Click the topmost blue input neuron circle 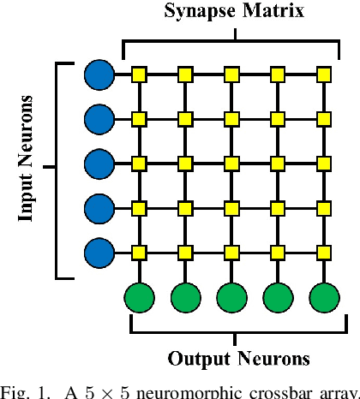click(99, 74)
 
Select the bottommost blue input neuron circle click(99, 252)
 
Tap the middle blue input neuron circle click(99, 163)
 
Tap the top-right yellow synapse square click(324, 74)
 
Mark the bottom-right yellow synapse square click(324, 252)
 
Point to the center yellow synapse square click(231, 163)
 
